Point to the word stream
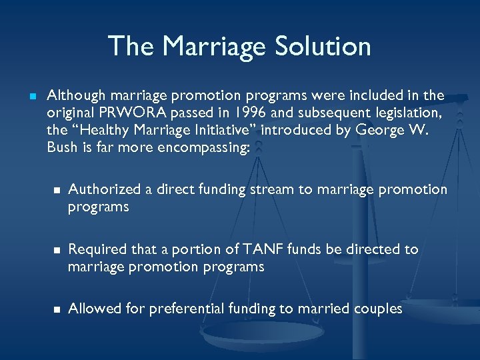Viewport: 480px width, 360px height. pyautogui.click(x=272, y=190)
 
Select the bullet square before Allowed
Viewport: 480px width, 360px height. pyautogui.click(x=56, y=309)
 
